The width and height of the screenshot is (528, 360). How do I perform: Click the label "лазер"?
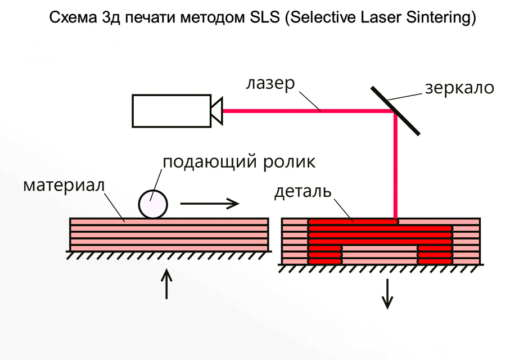(x=270, y=84)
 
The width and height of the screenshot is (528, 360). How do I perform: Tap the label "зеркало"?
(x=459, y=88)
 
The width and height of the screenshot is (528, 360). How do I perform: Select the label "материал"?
(x=64, y=185)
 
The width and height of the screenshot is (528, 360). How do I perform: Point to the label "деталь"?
(x=303, y=192)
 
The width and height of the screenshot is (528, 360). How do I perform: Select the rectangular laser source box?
(x=170, y=111)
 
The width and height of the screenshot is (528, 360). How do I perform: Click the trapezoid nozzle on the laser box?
(x=216, y=111)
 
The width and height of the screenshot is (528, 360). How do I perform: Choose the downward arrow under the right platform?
(x=387, y=294)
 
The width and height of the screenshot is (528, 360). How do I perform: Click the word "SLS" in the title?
(x=265, y=18)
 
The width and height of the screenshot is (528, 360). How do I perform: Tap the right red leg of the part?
(x=435, y=254)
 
